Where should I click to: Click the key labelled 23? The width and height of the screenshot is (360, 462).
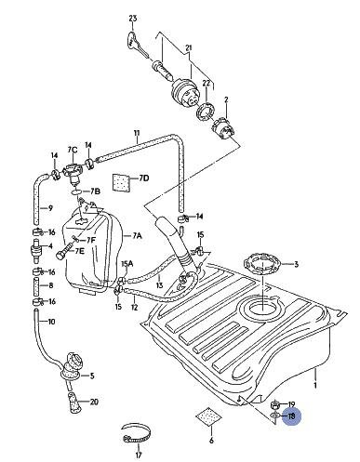click(138, 44)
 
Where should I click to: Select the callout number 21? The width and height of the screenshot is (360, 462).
click(189, 48)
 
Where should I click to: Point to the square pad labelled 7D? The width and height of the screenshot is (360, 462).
click(120, 183)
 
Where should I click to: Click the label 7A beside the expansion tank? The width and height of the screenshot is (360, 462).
click(137, 236)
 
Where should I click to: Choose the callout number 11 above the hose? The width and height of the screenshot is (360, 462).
click(137, 133)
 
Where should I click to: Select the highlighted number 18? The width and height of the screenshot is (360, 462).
click(292, 416)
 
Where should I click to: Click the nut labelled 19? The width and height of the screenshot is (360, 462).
click(275, 404)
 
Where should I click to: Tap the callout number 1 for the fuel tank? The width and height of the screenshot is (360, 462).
click(315, 386)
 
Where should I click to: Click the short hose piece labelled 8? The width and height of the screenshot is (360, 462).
click(36, 285)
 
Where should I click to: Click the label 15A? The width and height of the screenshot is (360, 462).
click(127, 264)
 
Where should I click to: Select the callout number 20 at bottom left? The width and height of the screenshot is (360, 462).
click(94, 403)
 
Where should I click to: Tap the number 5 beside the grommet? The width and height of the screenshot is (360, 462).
click(92, 376)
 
